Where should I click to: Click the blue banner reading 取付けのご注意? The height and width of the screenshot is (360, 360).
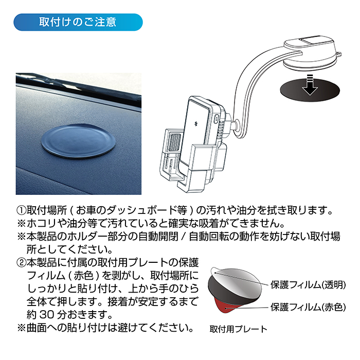pos(78,22)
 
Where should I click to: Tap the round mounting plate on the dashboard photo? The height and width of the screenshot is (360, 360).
pos(79,141)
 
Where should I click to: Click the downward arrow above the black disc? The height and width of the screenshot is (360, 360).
pos(310,85)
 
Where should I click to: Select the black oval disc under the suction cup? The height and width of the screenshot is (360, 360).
pos(310,89)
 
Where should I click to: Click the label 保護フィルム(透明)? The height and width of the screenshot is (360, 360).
pos(308,285)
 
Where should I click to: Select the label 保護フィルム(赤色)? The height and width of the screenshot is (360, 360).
pos(308,307)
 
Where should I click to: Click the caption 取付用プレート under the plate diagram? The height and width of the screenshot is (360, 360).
pos(238,329)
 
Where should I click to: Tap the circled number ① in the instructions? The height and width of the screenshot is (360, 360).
pos(22,210)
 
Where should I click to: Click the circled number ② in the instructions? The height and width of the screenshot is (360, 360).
pos(22,263)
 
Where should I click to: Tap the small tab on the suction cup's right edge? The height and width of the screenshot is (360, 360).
pos(338,55)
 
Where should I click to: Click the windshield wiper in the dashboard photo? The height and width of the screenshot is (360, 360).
pos(78,87)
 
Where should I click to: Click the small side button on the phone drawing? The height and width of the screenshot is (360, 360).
pos(216,119)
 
